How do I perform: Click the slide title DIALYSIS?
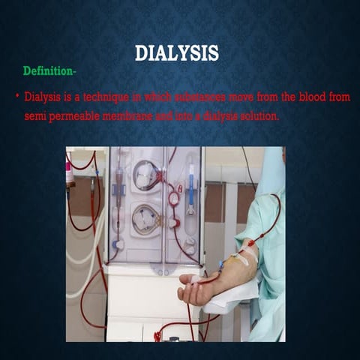point(177,53)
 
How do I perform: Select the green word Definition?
point(48,70)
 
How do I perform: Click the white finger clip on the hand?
point(196,279)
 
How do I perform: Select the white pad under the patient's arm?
point(225,300)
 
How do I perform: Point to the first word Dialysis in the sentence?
point(43,97)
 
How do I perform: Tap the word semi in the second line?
point(35,118)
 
